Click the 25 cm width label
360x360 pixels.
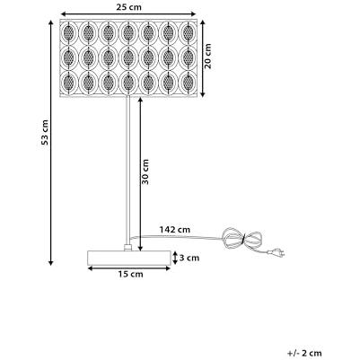tap(128, 7)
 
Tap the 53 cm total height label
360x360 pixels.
tap(45, 132)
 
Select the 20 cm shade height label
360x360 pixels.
tap(207, 56)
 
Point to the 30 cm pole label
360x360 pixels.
tap(145, 171)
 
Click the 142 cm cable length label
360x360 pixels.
tap(175, 230)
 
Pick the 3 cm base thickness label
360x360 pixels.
tap(189, 258)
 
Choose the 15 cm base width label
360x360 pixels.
tap(130, 274)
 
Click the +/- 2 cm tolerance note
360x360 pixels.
tap(304, 353)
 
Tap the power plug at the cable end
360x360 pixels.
tap(277, 253)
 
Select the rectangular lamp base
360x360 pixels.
tap(128, 258)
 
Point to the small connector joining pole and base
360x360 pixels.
tap(128, 248)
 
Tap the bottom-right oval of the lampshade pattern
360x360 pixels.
tap(188, 83)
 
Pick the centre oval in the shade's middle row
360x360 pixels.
tap(128, 57)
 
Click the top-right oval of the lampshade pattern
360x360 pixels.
tap(188, 31)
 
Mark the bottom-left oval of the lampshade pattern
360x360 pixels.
tap(69, 83)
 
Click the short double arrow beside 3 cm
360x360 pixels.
tap(175, 258)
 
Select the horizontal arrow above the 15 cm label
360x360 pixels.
tap(129, 268)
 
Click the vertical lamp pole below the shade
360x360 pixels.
tap(128, 171)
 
